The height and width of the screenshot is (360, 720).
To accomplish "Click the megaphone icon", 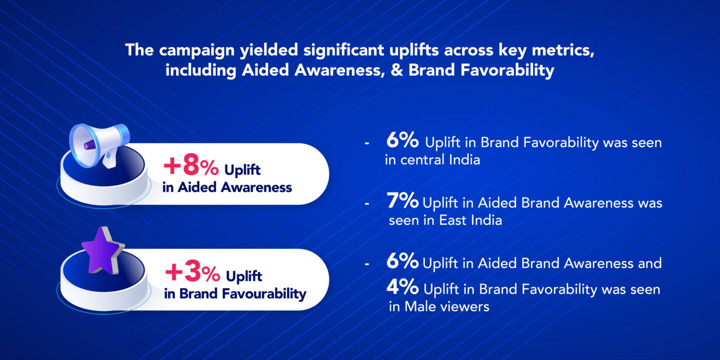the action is point(99,145).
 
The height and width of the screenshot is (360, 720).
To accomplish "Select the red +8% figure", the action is point(191,167).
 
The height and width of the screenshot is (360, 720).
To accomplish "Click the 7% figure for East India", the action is point(403,200).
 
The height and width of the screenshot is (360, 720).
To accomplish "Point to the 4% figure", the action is point(402,286).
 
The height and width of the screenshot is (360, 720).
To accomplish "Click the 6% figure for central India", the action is point(402,140).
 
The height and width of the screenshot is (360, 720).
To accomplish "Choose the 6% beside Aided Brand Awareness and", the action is point(402,260).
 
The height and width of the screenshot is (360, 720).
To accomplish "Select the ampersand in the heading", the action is point(397,70).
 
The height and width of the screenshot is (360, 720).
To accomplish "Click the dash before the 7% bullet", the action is point(367,204).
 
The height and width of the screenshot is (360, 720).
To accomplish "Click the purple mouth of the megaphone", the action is point(89,145).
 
